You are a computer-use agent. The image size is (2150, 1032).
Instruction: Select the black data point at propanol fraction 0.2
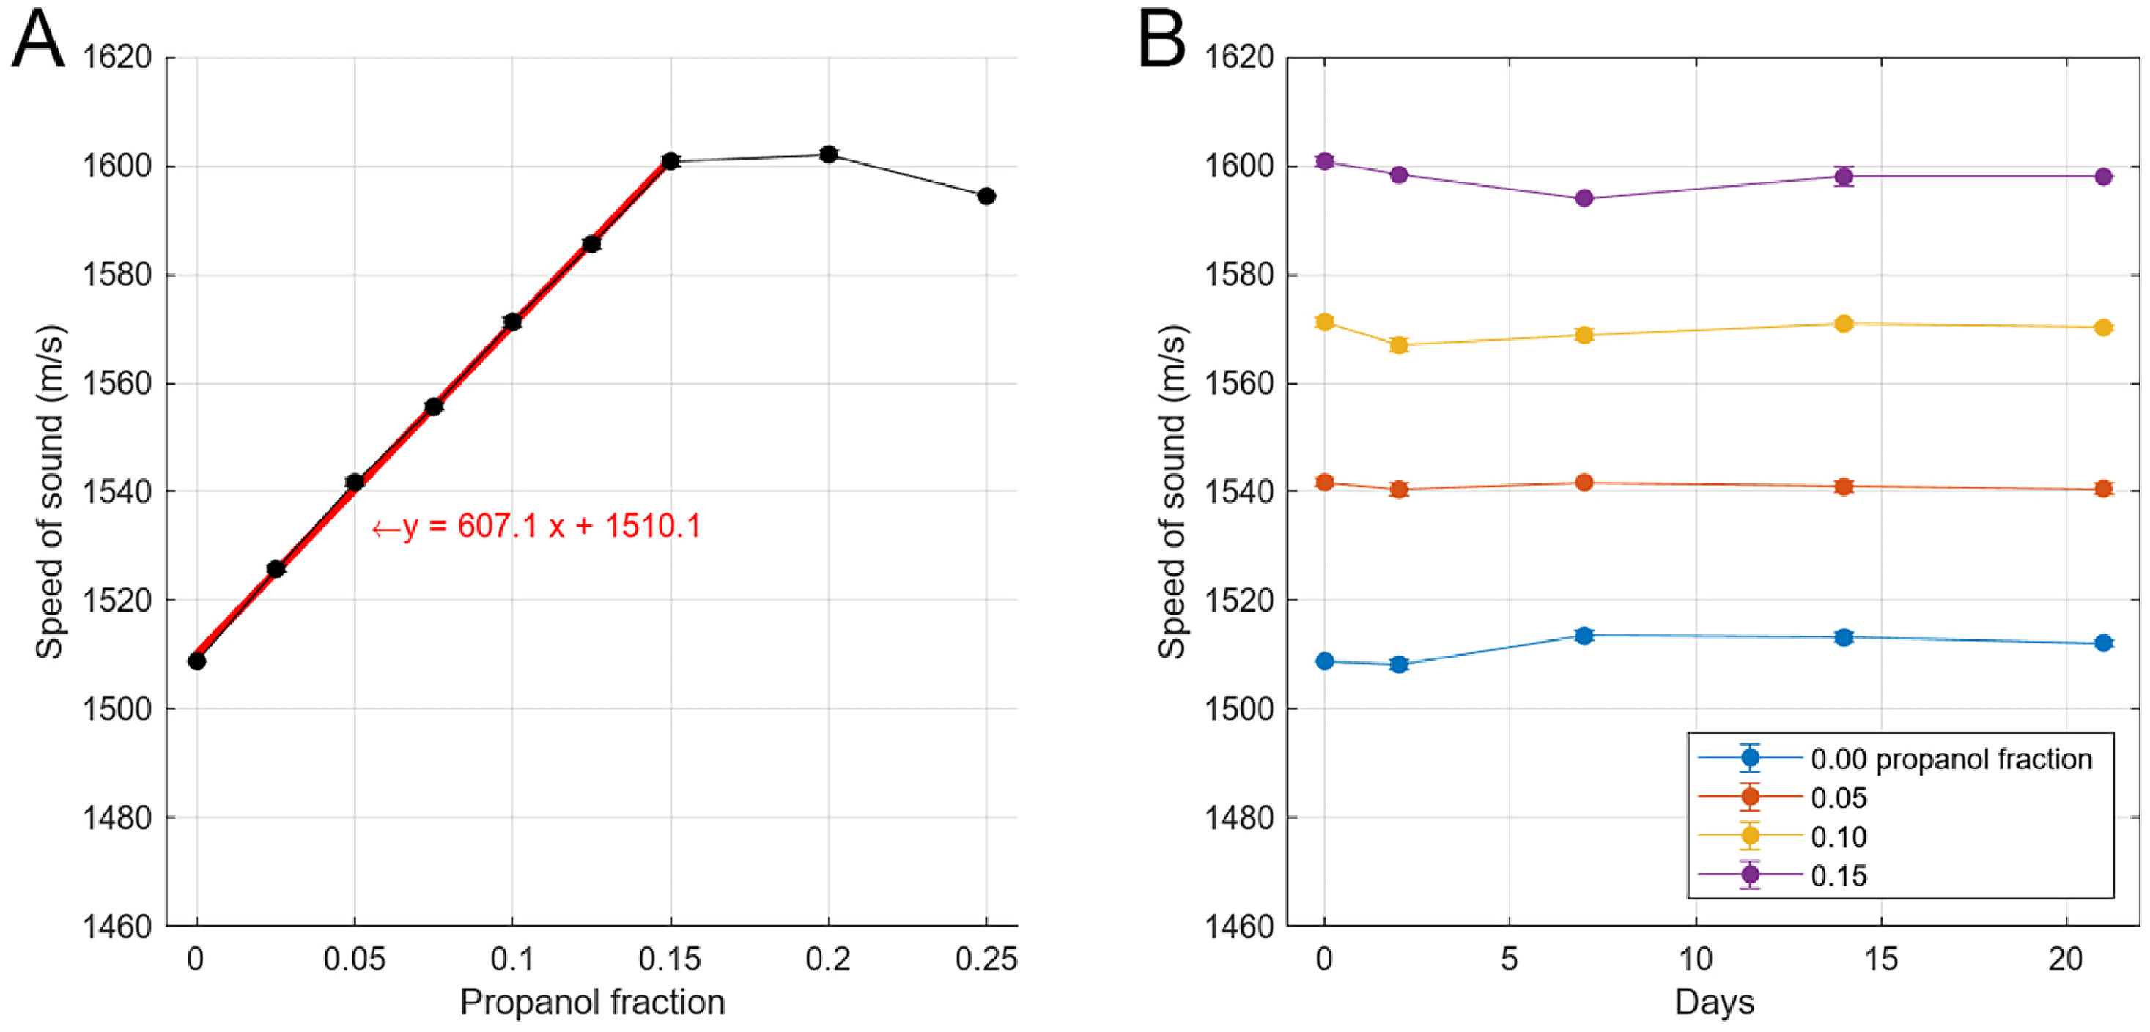coord(828,155)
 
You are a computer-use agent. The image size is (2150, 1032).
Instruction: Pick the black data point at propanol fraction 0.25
coord(986,196)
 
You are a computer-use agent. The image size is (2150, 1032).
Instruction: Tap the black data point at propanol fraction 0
coord(197,661)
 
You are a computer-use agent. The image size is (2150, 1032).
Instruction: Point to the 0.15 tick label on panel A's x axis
coord(669,959)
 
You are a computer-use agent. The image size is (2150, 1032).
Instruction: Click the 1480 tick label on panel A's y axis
coord(117,817)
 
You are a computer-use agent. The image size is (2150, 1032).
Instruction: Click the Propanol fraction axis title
coord(592,1002)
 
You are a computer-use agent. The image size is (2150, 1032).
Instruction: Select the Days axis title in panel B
coord(1714,1002)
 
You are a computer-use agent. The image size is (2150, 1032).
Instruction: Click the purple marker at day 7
coord(1584,198)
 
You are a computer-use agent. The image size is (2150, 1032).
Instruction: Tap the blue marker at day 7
coord(1584,636)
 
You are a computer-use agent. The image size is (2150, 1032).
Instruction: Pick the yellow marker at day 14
coord(1844,324)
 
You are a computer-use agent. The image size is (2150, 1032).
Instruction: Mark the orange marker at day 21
coord(2103,489)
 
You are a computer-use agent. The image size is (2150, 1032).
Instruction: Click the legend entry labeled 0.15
coord(1839,876)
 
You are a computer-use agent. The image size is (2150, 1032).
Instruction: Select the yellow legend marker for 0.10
coord(1750,836)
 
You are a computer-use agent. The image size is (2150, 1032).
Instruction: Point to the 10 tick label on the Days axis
coord(1695,959)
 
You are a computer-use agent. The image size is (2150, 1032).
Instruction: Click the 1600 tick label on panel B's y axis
coord(1238,166)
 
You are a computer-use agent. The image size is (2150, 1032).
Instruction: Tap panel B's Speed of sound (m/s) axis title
coord(1172,492)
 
